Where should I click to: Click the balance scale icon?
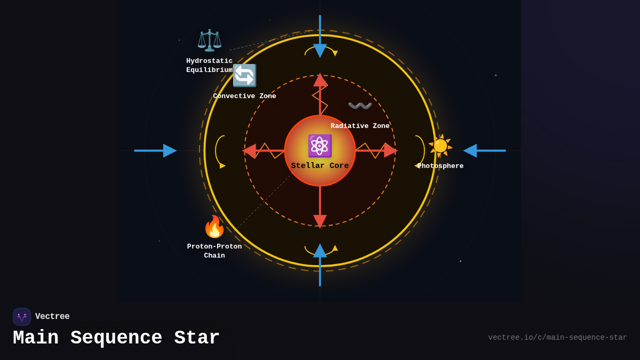pos(209,41)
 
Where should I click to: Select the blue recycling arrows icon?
pos(244,75)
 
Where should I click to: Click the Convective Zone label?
pos(244,97)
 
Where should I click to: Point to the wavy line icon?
pos(359,106)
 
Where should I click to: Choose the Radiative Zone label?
pos(360,126)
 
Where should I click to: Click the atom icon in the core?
pos(319,146)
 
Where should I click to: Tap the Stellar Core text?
pos(320,166)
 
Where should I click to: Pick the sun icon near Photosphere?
pos(440,146)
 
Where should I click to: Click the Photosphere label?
pos(441,166)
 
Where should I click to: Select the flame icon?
pos(214,227)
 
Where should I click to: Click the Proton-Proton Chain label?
pos(214,251)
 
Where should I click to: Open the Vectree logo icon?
pos(22,317)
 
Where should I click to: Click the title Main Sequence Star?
pos(116,338)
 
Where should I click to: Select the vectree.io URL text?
pos(557,338)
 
